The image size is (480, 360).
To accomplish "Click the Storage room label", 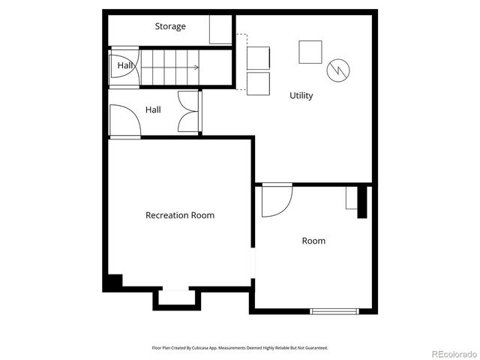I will coord(170,27).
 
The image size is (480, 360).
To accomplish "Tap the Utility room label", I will coord(301,96).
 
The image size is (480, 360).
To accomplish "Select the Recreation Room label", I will coord(179,215).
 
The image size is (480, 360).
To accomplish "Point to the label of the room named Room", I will coord(313,241).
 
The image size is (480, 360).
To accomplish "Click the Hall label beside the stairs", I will coord(124,66).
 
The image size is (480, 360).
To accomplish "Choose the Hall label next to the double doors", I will coord(153,109).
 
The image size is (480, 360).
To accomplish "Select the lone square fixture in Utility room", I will coord(310,51).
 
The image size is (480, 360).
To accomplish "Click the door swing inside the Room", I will coord(275,200).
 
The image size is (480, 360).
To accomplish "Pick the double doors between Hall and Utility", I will coord(188,112).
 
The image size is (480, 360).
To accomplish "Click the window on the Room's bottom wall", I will coord(334,310).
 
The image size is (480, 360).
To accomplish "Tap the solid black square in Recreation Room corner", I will coord(112,282).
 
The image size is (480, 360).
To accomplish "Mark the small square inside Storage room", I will coord(220,31).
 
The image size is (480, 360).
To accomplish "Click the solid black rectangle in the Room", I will coord(362,201).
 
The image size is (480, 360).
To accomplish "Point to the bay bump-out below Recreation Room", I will coord(177,298).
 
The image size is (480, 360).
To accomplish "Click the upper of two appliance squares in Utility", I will coord(258,58).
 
